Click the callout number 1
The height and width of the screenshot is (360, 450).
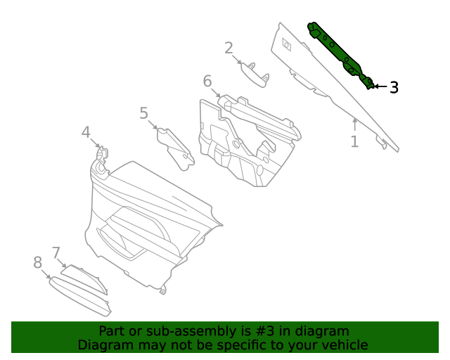354,141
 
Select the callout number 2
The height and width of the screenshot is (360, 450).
229,48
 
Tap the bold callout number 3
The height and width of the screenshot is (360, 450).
394,87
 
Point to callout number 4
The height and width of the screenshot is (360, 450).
86,131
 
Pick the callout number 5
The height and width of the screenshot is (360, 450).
143,112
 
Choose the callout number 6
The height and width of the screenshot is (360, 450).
207,82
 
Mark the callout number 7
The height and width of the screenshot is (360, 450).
56,252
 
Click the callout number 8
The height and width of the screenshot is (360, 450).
37,262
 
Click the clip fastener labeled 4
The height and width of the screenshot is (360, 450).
101,157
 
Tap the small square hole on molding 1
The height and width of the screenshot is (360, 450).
287,45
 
